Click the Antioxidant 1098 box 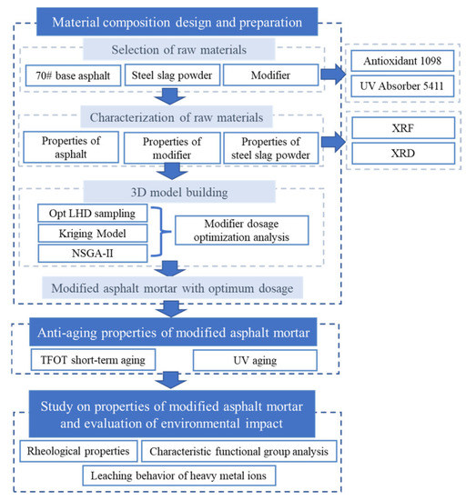point(402,61)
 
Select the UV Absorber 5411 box point(402,86)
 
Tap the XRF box point(403,128)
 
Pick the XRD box point(403,154)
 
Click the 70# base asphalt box point(73,75)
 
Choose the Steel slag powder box point(172,75)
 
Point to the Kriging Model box point(93,234)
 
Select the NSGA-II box point(93,254)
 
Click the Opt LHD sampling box point(93,213)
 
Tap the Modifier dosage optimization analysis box point(241,230)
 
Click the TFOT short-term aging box point(93,360)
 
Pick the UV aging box point(255,360)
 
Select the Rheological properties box point(78,451)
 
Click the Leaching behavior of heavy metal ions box point(178,475)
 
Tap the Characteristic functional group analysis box point(239,451)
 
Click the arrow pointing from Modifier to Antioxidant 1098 point(333,75)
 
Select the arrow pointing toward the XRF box point(333,142)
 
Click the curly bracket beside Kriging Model point(160,232)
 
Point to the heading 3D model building point(179,193)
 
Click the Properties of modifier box point(172,148)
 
